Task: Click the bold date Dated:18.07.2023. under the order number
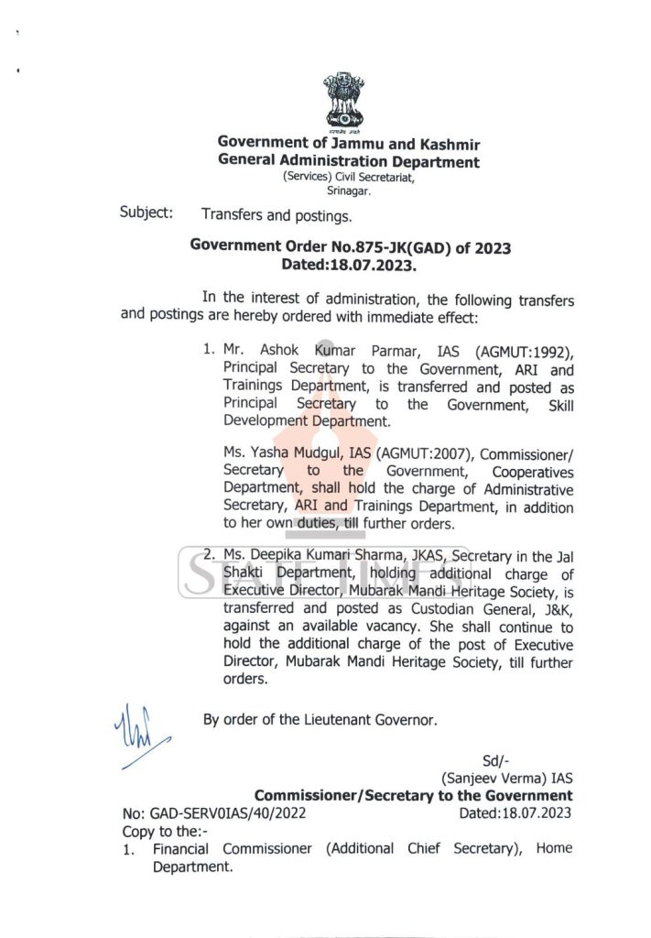click(x=350, y=265)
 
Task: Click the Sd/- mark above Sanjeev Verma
click(x=495, y=760)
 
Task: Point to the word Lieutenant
click(x=333, y=719)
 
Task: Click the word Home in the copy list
click(x=554, y=848)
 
